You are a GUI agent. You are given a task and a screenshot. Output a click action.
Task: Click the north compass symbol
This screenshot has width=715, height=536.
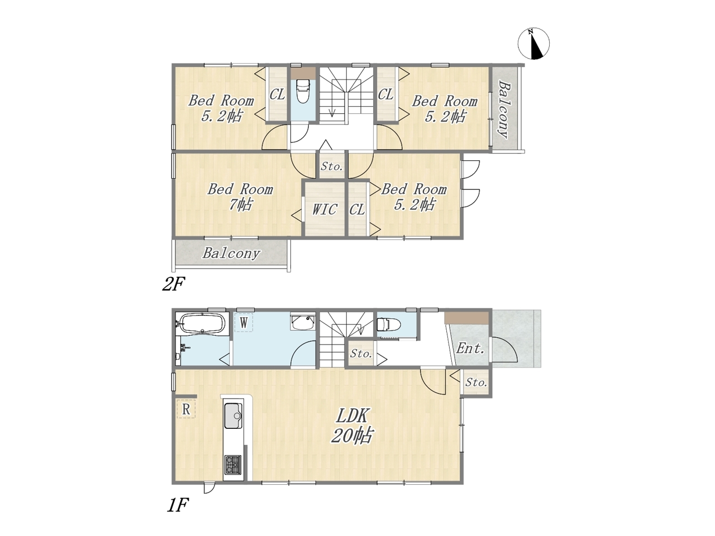(533, 44)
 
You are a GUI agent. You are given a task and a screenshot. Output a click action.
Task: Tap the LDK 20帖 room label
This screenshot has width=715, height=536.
(352, 425)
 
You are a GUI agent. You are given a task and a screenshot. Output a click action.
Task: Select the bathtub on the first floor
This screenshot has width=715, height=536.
(203, 323)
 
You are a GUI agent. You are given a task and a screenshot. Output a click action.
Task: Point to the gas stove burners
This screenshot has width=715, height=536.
(233, 465)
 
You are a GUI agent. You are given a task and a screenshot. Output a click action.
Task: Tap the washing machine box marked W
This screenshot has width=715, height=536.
(244, 323)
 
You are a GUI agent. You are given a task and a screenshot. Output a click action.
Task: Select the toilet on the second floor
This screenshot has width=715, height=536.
(303, 92)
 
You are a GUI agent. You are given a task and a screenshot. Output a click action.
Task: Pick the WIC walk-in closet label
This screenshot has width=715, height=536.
(324, 209)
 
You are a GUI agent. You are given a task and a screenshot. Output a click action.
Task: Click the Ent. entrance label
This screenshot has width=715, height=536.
(470, 348)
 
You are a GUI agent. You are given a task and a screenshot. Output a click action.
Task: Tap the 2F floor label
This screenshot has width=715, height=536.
(173, 285)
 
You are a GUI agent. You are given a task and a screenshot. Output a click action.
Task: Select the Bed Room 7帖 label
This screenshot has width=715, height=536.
(240, 197)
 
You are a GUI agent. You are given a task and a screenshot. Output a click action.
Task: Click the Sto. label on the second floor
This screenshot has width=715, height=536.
(332, 166)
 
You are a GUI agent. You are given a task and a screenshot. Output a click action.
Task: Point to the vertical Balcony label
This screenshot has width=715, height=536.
(504, 109)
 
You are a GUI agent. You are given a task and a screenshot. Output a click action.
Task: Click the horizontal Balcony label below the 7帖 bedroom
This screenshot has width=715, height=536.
(231, 253)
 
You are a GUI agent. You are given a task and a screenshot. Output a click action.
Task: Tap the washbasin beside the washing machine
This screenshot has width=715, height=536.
(303, 322)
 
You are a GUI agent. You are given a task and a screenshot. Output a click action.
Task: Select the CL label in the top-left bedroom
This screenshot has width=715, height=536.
(277, 94)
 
